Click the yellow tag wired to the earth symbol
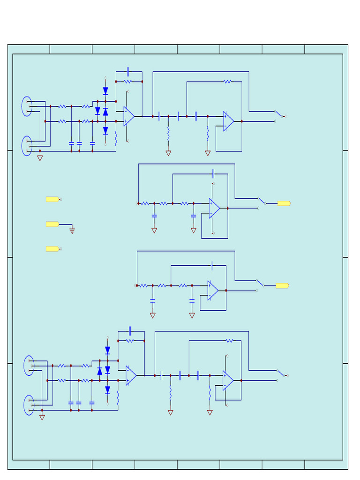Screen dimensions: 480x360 tap(52, 225)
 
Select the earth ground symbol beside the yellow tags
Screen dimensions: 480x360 tap(72, 231)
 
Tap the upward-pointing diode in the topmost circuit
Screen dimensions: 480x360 tap(105, 112)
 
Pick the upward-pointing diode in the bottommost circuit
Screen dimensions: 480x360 tap(99, 371)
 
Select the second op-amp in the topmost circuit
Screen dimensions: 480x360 tap(228, 121)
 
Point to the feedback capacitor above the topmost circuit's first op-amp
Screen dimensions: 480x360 tap(128, 72)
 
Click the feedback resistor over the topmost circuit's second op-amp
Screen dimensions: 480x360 tap(227, 82)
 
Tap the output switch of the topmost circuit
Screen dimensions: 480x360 tap(278, 114)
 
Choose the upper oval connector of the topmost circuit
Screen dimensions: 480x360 tap(27, 106)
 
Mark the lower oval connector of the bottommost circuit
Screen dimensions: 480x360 tap(29, 405)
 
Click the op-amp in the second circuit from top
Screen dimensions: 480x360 tap(214, 208)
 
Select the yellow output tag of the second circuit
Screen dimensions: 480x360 tap(284, 203)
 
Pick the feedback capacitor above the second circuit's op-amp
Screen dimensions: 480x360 tap(213, 174)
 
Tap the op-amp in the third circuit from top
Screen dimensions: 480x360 tap(213, 291)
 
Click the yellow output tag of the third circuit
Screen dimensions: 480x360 tap(282, 285)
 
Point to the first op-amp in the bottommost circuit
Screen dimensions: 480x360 tap(131, 375)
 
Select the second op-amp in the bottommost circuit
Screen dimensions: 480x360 tap(228, 381)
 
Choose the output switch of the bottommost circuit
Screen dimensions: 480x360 tap(281, 373)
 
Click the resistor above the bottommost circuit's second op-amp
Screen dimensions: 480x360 tap(229, 341)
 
